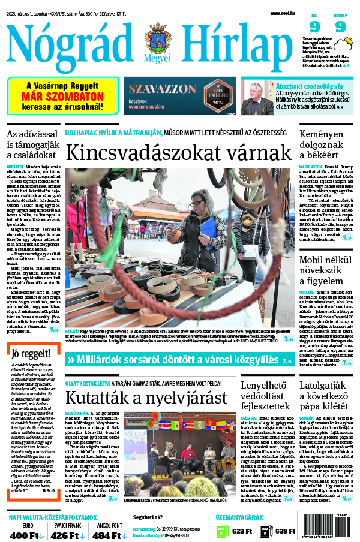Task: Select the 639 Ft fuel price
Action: click(284, 531)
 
